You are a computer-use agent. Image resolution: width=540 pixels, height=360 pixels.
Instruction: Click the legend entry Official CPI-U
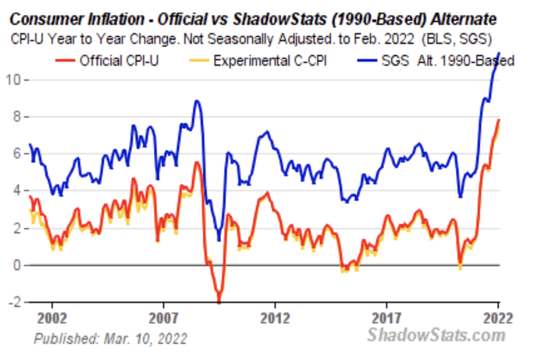click(x=119, y=60)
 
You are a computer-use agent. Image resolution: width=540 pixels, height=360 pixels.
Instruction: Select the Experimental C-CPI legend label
click(x=270, y=60)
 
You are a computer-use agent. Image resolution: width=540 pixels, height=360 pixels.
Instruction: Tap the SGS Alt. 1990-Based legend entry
click(x=447, y=60)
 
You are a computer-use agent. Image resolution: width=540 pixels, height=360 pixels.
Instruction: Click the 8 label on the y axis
click(x=16, y=117)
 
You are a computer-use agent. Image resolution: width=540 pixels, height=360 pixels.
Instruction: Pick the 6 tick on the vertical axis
click(x=16, y=153)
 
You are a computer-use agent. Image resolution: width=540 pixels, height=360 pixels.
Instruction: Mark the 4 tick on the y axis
click(x=16, y=191)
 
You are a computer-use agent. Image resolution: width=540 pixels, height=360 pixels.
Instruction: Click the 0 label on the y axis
click(x=16, y=265)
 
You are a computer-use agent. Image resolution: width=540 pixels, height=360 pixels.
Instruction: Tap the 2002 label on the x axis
click(x=52, y=318)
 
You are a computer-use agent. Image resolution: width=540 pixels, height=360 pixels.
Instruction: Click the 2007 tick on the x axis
click(x=163, y=318)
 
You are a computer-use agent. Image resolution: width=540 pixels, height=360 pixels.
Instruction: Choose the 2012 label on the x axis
click(x=275, y=318)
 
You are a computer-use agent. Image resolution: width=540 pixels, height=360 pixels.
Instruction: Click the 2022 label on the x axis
click(x=497, y=318)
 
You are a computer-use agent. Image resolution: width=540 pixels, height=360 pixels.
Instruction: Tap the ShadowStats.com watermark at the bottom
click(x=436, y=336)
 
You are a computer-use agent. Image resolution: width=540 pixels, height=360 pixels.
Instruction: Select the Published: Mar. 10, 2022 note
click(x=111, y=338)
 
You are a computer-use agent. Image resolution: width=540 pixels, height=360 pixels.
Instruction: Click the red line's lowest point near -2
click(x=219, y=302)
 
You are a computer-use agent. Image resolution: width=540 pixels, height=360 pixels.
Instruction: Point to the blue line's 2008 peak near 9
click(x=197, y=101)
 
